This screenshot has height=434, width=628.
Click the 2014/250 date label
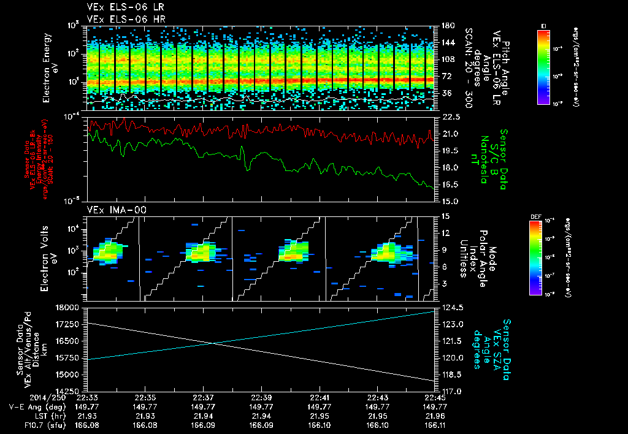tap(25, 397)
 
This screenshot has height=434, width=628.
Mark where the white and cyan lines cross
tap(212, 343)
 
